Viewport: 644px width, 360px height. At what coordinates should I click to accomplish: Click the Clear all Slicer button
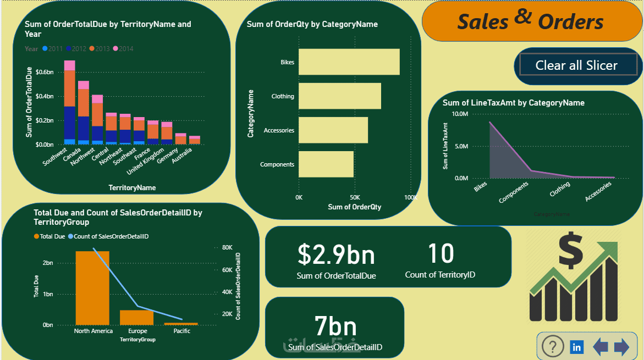click(576, 65)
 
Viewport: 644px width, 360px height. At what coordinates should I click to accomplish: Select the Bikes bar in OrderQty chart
click(349, 62)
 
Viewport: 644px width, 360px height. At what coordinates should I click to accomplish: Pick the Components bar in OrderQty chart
click(326, 164)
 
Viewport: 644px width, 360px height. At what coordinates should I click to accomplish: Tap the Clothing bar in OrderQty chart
click(339, 96)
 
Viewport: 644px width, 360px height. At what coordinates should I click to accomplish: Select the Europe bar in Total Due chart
click(137, 317)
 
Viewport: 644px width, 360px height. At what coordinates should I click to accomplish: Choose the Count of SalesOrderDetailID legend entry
click(108, 236)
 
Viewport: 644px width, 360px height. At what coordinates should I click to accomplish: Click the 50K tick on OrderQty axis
click(355, 197)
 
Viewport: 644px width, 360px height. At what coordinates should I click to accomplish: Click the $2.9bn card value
click(336, 254)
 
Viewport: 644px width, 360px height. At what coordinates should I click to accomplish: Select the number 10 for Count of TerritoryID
click(441, 253)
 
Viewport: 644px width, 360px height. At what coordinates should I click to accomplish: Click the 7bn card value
click(335, 326)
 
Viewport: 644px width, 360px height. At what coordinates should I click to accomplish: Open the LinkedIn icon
click(577, 347)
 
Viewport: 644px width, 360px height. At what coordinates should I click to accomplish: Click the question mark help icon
click(553, 347)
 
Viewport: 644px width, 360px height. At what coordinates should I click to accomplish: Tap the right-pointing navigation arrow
click(621, 347)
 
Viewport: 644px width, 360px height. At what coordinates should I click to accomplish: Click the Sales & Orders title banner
click(531, 21)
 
